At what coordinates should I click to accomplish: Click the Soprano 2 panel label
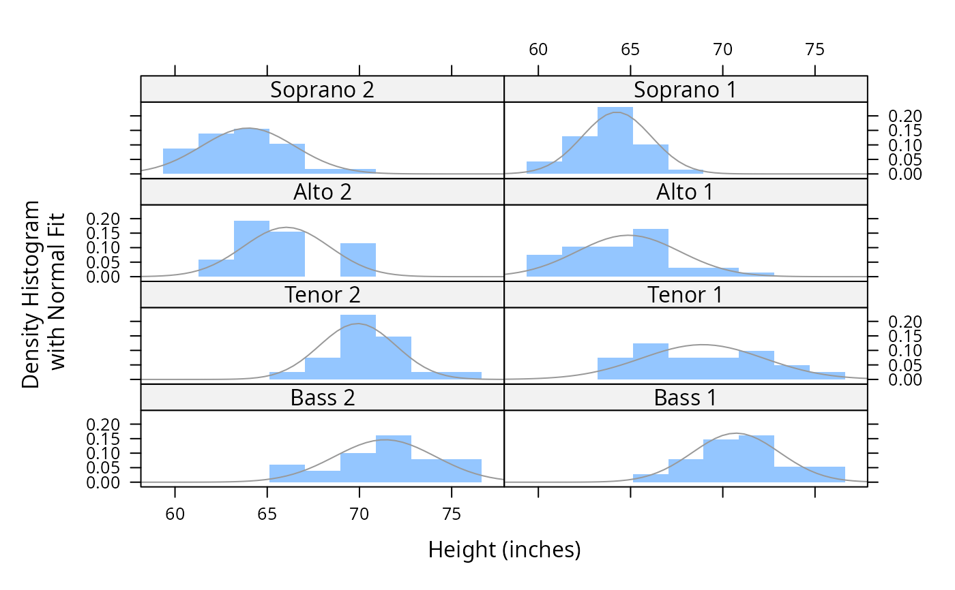click(322, 89)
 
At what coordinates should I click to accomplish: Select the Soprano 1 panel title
click(685, 89)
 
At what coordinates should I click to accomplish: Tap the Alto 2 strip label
click(322, 192)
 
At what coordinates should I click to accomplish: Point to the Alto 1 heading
click(685, 192)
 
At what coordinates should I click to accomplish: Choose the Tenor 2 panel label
click(322, 295)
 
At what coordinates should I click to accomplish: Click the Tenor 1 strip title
click(685, 295)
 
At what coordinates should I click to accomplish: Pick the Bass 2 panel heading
click(322, 397)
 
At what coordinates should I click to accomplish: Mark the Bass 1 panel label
click(685, 397)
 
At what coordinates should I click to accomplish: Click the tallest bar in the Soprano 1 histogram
click(615, 143)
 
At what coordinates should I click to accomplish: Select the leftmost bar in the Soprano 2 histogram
click(181, 161)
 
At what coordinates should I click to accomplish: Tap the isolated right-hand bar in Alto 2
click(358, 260)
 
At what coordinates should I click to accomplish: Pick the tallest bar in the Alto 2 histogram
click(252, 249)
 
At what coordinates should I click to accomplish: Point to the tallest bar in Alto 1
click(651, 253)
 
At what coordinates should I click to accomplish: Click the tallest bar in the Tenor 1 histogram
click(651, 361)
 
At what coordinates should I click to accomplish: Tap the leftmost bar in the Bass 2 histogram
click(287, 473)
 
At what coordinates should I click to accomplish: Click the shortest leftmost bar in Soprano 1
click(544, 168)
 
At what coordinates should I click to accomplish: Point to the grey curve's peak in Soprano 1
click(616, 112)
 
